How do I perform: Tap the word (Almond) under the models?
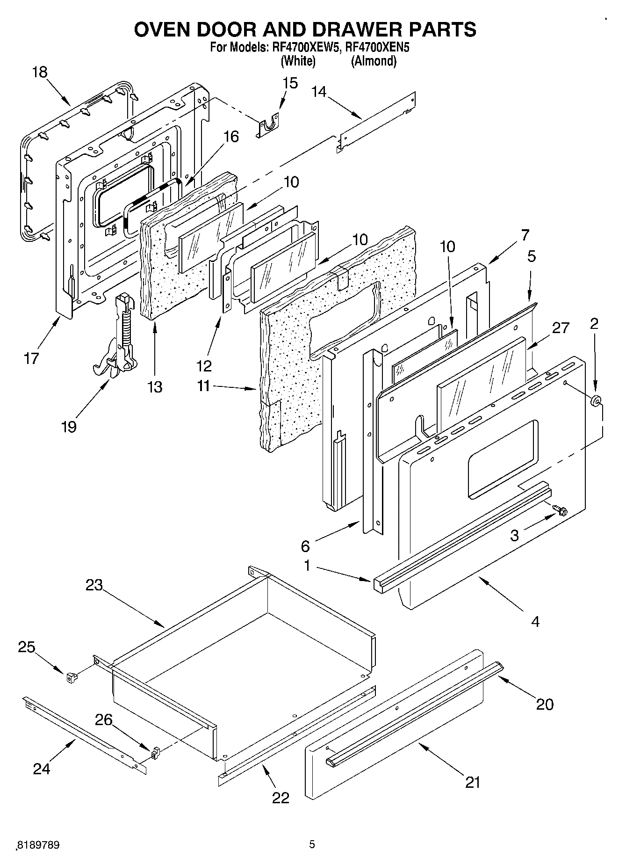coord(374,61)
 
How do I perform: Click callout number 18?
coord(40,73)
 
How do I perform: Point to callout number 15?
coord(290,83)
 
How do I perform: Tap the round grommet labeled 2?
coord(596,400)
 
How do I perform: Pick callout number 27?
coord(561,328)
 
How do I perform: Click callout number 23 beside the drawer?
coord(94,585)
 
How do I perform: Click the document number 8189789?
coord(38,845)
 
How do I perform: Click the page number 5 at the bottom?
coord(312,844)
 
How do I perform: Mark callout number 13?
coord(154,387)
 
